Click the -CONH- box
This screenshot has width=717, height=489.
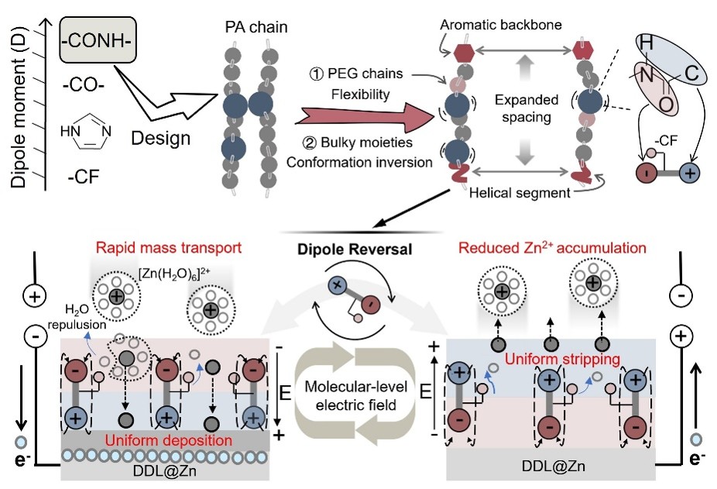point(98,40)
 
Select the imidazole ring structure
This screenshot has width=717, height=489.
point(86,132)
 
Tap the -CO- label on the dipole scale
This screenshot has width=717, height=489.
point(84,84)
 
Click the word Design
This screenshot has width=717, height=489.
point(160,138)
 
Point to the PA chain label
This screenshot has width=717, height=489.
point(256,27)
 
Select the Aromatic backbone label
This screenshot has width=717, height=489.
point(501,25)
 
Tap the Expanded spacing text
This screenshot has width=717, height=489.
point(527,108)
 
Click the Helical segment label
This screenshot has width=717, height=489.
point(520,193)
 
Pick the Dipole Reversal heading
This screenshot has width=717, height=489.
point(355,249)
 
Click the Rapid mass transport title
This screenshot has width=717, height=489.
point(169,248)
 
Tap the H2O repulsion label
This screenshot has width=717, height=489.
point(77,317)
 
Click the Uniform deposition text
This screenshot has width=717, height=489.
point(169,440)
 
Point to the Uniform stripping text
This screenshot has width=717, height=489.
point(562,359)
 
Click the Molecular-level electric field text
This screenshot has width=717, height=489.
point(355,395)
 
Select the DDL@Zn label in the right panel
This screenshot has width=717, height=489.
point(554,466)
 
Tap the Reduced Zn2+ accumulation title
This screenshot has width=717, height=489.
point(552,248)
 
